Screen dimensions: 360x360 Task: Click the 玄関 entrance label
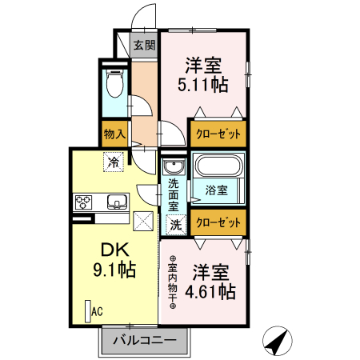145,45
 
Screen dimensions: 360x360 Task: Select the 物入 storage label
114,134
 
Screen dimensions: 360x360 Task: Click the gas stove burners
84,201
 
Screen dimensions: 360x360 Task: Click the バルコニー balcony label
144,340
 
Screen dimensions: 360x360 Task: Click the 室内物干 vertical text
173,282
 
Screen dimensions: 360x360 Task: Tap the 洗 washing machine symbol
174,226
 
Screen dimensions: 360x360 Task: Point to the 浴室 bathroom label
216,190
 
